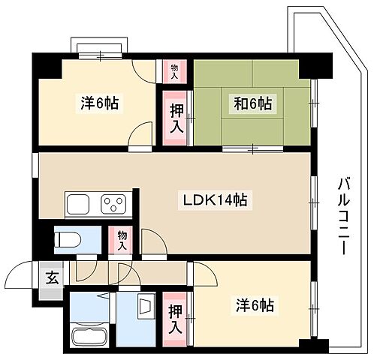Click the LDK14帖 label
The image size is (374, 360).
click(213, 200)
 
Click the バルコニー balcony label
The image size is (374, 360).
click(343, 214)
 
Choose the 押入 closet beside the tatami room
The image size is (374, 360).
click(176, 117)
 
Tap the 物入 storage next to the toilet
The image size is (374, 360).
click(122, 241)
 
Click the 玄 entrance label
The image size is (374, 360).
click(52, 278)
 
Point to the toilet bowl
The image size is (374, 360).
click(70, 241)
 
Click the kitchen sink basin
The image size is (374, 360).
click(80, 204)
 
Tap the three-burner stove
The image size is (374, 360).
click(115, 204)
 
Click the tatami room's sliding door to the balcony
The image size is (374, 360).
click(313, 105)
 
